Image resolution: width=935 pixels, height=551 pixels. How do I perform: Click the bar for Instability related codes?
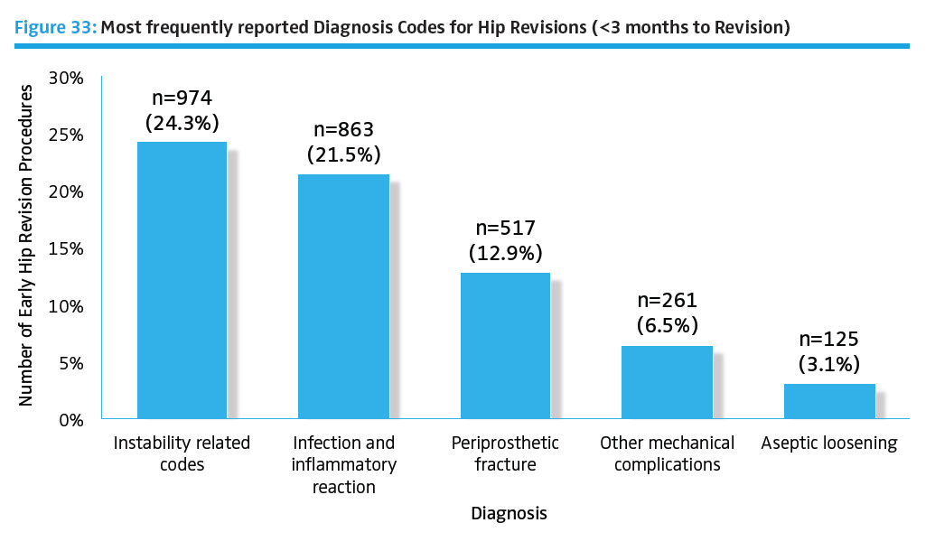[182, 280]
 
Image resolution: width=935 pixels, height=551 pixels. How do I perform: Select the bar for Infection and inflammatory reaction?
[343, 296]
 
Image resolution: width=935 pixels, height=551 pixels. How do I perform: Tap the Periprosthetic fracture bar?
[505, 345]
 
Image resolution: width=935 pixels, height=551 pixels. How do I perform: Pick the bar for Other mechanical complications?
[668, 382]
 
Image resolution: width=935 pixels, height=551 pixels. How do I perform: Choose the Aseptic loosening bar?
[829, 401]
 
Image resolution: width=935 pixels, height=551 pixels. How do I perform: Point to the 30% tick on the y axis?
[66, 78]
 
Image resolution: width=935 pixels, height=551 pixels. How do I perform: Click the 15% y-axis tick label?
[66, 248]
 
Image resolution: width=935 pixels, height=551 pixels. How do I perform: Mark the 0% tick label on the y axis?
[70, 419]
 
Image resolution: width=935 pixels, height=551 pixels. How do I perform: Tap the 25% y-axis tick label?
[66, 135]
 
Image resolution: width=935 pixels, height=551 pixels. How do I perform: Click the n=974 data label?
[182, 98]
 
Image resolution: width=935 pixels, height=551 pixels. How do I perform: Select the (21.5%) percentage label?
[343, 154]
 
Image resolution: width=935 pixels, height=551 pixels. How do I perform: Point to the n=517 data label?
[505, 229]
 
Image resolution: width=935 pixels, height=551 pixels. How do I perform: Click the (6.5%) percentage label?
[668, 325]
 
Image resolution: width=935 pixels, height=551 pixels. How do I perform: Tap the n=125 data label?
[829, 341]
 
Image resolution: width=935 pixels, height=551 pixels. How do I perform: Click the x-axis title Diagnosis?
[509, 514]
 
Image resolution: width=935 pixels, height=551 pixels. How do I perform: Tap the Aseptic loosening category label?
[829, 444]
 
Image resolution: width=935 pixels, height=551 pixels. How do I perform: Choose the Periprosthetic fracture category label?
[505, 454]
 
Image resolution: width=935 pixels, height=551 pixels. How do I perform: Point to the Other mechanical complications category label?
[668, 454]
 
